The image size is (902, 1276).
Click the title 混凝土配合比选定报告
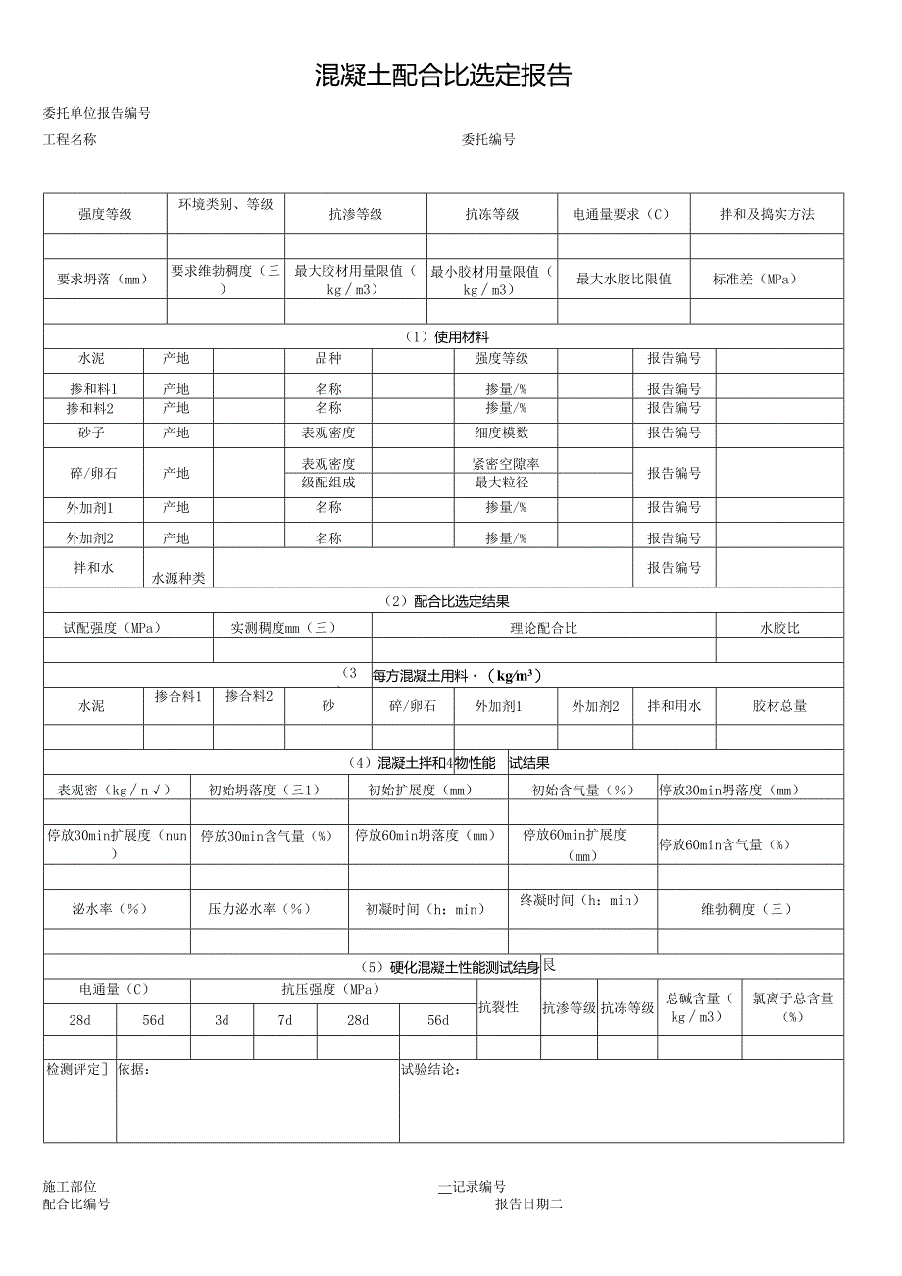[443, 76]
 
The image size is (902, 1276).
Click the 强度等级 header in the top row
[105, 214]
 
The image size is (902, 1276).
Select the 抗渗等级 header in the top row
[355, 214]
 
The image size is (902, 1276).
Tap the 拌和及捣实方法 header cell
[767, 214]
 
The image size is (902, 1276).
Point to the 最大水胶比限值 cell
[624, 279]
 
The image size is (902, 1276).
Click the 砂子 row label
[93, 433]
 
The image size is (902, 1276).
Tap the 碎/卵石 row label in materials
[93, 473]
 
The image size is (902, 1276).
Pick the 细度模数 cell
[502, 433]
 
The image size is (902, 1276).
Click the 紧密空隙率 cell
[506, 463]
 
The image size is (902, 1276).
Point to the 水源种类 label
[177, 579]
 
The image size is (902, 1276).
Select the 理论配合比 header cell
[543, 628]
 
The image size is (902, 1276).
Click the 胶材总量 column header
[779, 705]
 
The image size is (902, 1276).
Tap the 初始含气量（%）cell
[582, 790]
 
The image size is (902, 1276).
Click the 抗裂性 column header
[498, 1007]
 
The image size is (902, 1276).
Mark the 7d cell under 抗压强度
[284, 1020]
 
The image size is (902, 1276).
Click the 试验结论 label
[430, 1070]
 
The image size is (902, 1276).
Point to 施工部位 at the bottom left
[70, 1187]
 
